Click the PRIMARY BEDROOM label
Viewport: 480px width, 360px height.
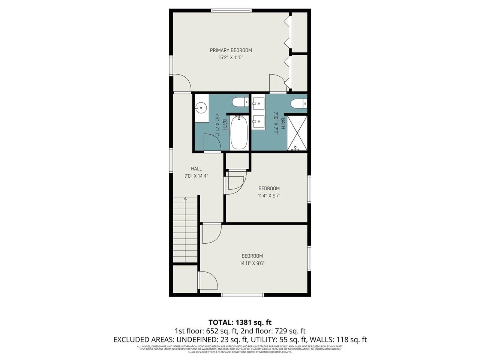click(231, 50)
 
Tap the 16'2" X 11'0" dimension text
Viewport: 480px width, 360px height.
click(231, 58)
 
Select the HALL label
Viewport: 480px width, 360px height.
click(196, 169)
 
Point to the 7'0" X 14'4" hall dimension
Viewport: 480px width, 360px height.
click(196, 176)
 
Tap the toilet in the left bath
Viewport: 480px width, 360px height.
click(240, 102)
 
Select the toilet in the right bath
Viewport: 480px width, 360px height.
click(299, 103)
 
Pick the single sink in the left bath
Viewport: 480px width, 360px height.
click(201, 108)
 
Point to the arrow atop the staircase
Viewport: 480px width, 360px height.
click(185, 199)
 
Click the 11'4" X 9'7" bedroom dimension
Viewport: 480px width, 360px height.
click(269, 195)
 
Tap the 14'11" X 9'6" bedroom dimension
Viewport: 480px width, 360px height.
click(252, 263)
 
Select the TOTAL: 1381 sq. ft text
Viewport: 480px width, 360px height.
click(240, 322)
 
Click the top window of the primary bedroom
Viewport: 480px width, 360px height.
click(231, 11)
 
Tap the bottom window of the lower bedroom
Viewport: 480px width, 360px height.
click(243, 295)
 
